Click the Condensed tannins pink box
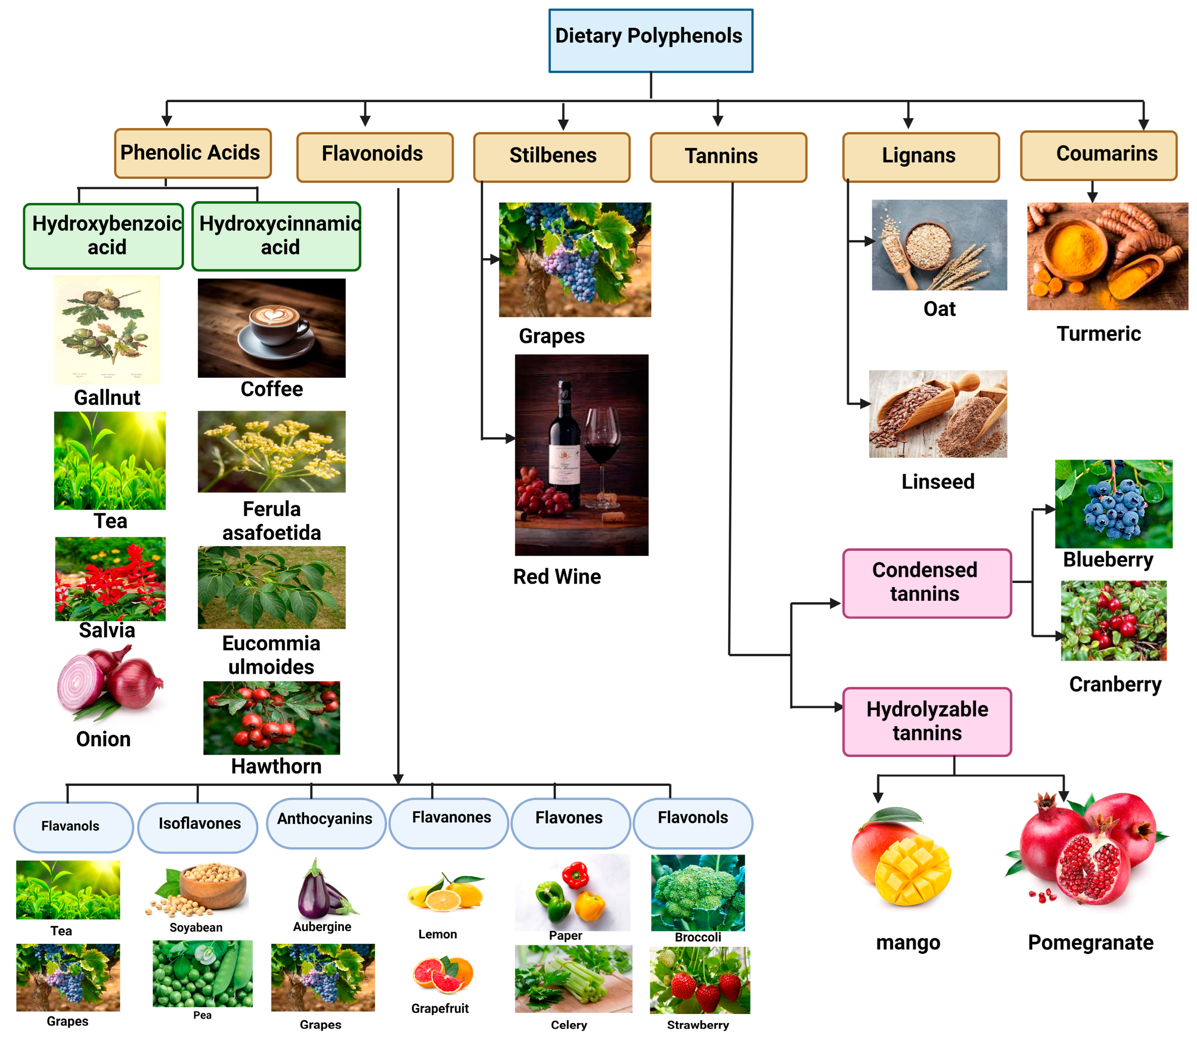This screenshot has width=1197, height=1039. tap(926, 583)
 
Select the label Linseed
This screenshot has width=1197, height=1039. tap(937, 482)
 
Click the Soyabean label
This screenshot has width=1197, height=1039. tap(196, 927)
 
